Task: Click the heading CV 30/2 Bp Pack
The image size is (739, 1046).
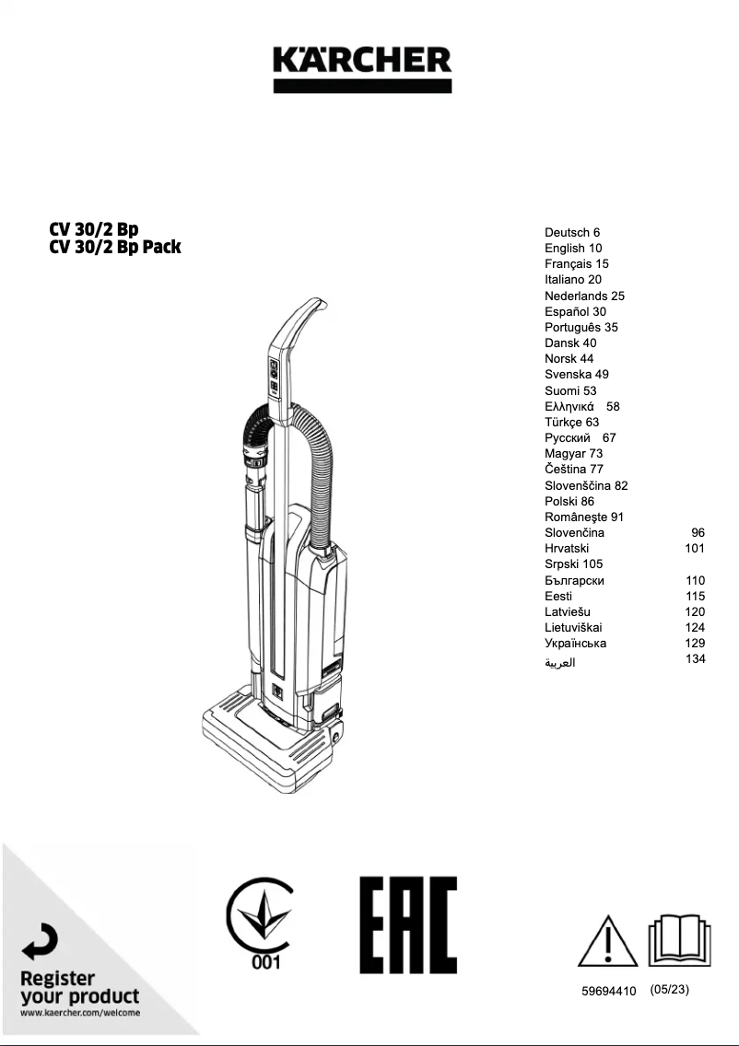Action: point(115,247)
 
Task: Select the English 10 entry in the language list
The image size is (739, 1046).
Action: point(573,248)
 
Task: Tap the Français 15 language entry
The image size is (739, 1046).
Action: point(576,263)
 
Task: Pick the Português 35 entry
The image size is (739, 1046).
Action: point(581,327)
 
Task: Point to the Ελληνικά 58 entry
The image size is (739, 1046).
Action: point(581,406)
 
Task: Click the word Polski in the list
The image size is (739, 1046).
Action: point(561,502)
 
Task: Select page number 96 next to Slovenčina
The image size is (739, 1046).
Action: point(698,532)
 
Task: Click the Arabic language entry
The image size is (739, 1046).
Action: point(559,662)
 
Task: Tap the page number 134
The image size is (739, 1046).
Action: point(696,658)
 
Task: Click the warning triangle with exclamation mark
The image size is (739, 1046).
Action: point(607,942)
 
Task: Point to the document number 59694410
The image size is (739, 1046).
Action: point(609,992)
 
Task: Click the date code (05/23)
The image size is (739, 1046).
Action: point(669,990)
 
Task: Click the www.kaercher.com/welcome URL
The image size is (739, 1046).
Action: point(80,1013)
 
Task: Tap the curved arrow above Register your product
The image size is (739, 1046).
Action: point(40,944)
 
